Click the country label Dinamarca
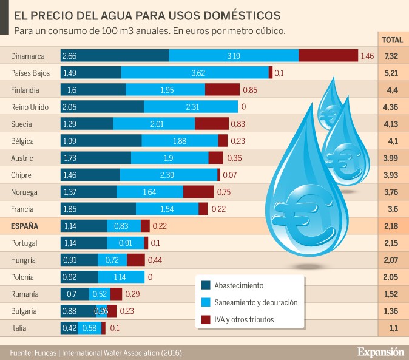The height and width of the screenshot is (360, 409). pos(28,56)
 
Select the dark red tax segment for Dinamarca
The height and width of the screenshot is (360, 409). pos(328,56)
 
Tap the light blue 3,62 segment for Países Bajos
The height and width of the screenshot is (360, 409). pos(195,73)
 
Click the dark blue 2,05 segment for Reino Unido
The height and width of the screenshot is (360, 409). pos(102,107)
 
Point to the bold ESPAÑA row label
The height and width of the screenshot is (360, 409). pos(25,226)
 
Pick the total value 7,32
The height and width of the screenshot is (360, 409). pos(391,56)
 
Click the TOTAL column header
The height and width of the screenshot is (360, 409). pos(391,40)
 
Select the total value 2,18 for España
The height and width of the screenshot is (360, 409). pos(391,226)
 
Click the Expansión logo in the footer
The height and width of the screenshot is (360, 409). pos(379,352)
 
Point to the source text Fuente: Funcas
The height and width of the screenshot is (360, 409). pos(33,352)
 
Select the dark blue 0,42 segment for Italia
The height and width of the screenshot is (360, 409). pos(69,328)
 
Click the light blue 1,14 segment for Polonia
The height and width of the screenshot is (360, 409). pos(121,277)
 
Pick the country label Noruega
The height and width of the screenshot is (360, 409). pos(25,192)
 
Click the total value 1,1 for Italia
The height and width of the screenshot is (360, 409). pos(391,328)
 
